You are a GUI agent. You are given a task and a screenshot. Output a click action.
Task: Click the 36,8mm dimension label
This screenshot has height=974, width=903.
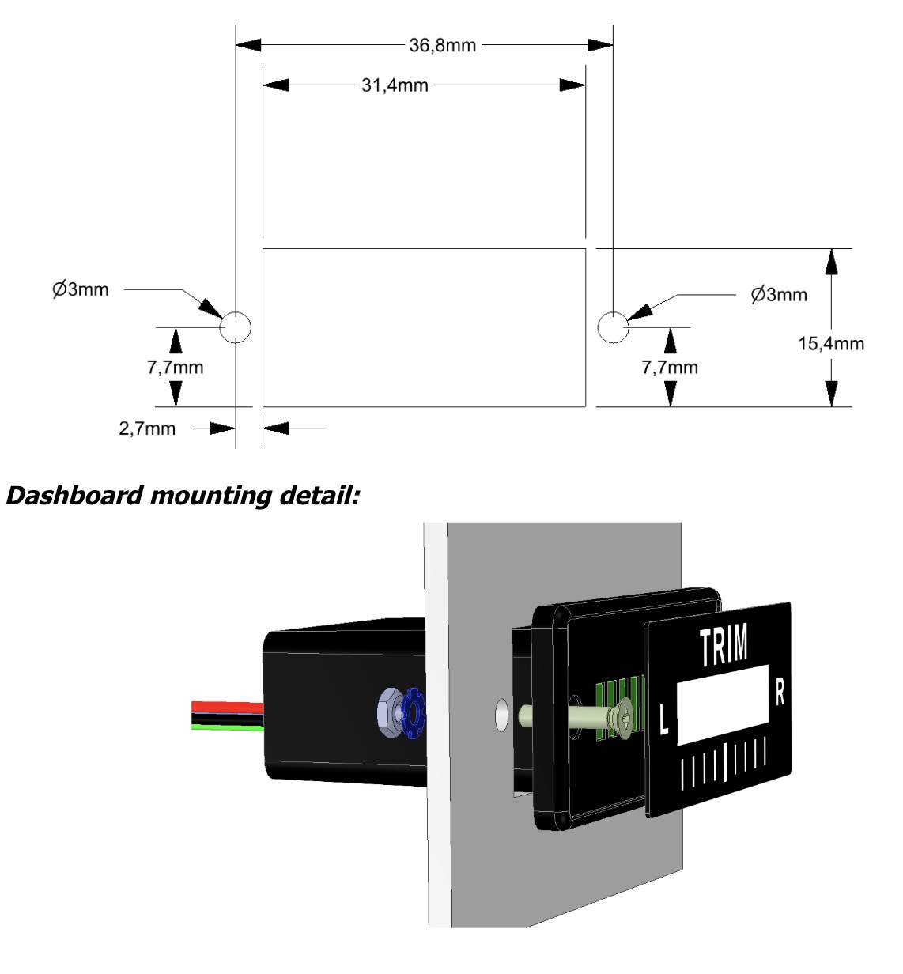(x=443, y=45)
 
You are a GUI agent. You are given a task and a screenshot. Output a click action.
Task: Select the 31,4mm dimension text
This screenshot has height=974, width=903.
(x=395, y=85)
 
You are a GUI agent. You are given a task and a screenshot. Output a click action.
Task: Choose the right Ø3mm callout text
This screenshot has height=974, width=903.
(x=779, y=295)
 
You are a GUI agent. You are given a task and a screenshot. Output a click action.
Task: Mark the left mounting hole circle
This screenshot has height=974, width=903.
(x=236, y=326)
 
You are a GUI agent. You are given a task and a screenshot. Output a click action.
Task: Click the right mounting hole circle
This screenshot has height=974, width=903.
(x=613, y=326)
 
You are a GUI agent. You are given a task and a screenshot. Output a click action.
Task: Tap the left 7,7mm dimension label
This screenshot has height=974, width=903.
(x=176, y=367)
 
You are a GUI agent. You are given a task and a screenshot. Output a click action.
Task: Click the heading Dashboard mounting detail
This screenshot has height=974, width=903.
(x=181, y=496)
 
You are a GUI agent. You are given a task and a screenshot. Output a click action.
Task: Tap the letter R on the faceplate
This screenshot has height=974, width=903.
(x=779, y=693)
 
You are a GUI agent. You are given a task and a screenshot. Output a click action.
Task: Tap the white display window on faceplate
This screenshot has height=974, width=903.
(x=723, y=705)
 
